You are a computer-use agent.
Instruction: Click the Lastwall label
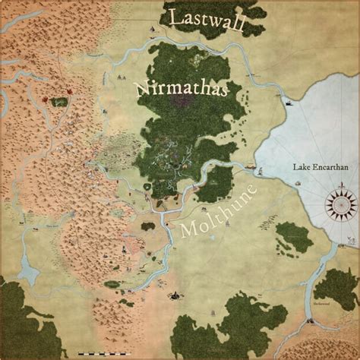point(207,21)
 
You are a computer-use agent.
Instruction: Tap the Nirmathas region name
point(182,87)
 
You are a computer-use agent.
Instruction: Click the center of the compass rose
point(340,204)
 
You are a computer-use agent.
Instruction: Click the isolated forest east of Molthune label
point(293,237)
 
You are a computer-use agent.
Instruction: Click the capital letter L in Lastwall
point(175,18)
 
